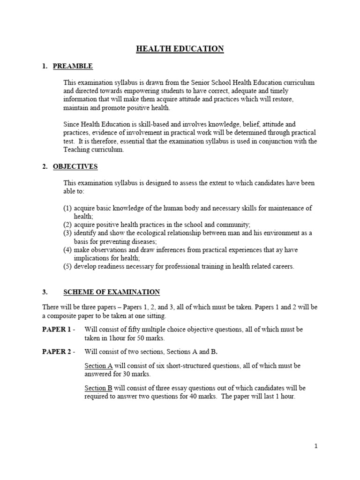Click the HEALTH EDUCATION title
pyautogui.click(x=180, y=49)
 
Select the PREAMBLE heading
pyautogui.click(x=73, y=66)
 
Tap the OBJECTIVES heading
pyautogui.click(x=75, y=166)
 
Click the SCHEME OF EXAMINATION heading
pyautogui.click(x=112, y=292)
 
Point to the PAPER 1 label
pyautogui.click(x=56, y=330)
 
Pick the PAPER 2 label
pyautogui.click(x=56, y=352)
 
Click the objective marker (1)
pyautogui.click(x=67, y=208)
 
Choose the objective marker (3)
pyautogui.click(x=67, y=233)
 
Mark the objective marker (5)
pyautogui.click(x=67, y=266)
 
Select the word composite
pyautogui.click(x=64, y=316)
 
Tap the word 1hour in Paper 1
pyautogui.click(x=118, y=337)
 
